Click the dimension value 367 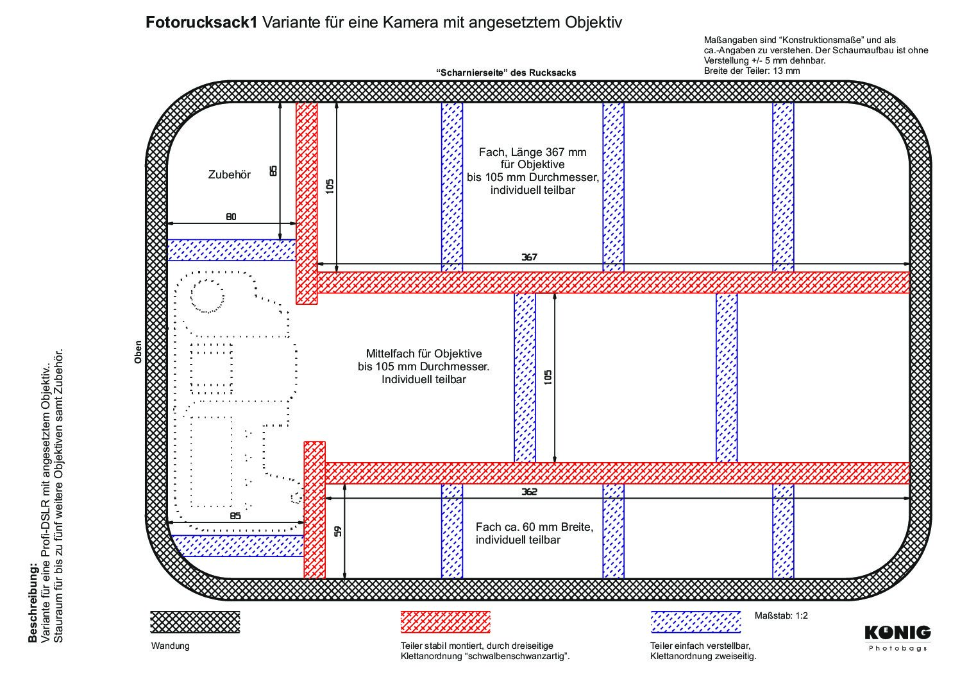529,257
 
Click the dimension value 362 529,492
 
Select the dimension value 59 338,531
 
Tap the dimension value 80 231,217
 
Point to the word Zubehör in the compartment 230,175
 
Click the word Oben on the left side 138,352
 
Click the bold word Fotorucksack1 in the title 201,22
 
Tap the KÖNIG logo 897,638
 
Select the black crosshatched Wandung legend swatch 195,622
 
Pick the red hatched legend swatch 445,622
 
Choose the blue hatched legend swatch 696,622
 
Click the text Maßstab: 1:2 781,615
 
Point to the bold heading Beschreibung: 33,604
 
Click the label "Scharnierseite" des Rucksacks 506,73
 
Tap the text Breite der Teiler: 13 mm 752,71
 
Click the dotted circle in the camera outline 207,295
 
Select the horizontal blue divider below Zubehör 232,250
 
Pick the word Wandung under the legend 170,646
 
